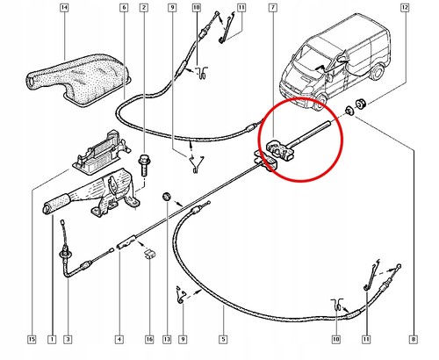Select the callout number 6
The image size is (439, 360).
pos(124,10)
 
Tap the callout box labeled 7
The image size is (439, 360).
pos(274,10)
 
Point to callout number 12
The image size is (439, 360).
pos(405,10)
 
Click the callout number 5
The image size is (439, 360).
pos(222,338)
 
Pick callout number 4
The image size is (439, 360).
pos(118,338)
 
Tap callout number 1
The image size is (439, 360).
pos(51,338)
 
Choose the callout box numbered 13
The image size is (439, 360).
pos(168,338)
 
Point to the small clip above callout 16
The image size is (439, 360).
pos(148,255)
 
